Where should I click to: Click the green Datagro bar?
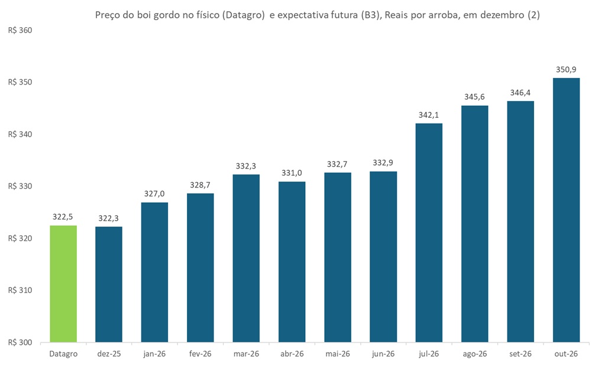tap(63, 284)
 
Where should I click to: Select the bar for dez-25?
tap(109, 284)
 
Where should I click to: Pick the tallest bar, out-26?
tap(566, 210)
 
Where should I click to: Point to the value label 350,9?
tap(566, 70)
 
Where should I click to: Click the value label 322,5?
tap(63, 217)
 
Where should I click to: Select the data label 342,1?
tap(429, 115)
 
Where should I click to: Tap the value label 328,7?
tap(201, 185)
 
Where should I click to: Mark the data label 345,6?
tap(474, 97)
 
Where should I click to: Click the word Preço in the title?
tap(108, 15)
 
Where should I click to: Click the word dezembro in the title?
tap(502, 15)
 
